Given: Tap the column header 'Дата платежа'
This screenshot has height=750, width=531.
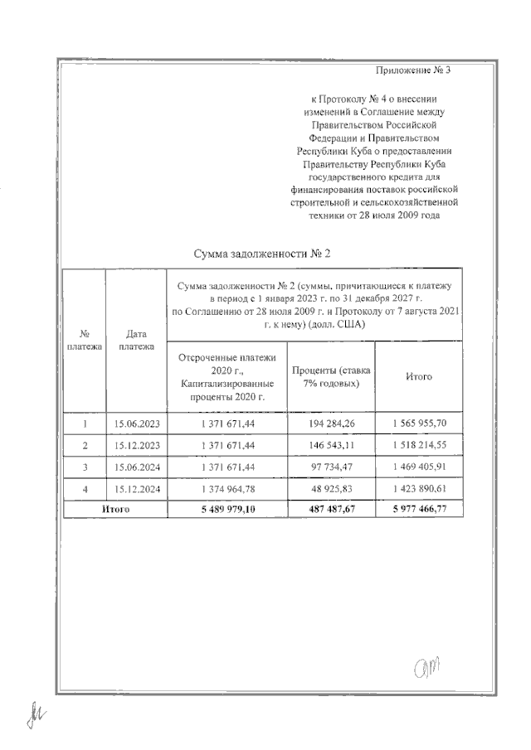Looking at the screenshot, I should tap(136, 340).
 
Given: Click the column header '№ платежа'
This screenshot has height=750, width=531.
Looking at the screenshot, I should tap(84, 340).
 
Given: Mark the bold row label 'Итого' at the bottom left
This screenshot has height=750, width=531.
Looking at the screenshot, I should tap(114, 510).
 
